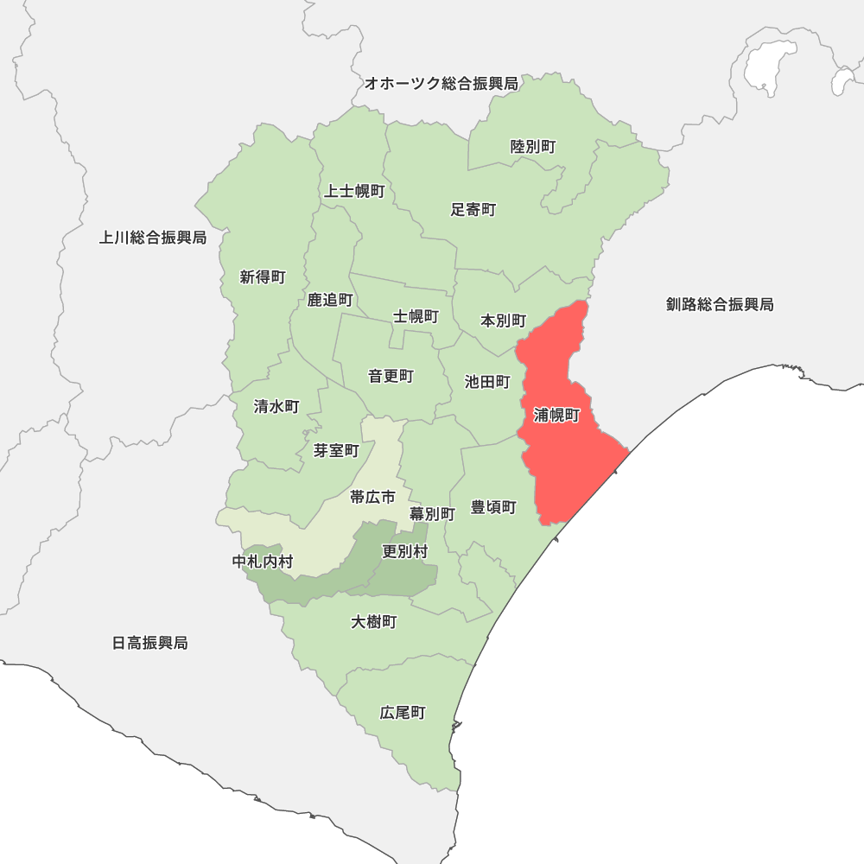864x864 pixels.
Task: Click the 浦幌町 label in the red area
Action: (x=556, y=416)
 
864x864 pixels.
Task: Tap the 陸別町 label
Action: (x=533, y=147)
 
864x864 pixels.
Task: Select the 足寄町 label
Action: (x=473, y=209)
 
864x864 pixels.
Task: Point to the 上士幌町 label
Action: (x=354, y=191)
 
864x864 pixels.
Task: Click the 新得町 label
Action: (x=263, y=277)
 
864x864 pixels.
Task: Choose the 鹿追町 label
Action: (x=330, y=300)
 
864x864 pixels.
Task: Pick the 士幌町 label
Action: (x=416, y=316)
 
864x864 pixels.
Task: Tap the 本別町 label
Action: (x=503, y=321)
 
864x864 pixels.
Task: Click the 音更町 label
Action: (x=391, y=376)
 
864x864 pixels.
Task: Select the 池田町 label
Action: (x=487, y=382)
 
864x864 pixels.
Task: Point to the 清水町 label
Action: (x=276, y=406)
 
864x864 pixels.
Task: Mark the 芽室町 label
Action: (x=336, y=450)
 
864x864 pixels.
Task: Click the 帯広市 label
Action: (x=372, y=497)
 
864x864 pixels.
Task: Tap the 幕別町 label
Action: (x=432, y=513)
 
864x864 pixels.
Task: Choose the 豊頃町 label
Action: (x=493, y=507)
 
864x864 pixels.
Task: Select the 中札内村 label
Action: (x=263, y=562)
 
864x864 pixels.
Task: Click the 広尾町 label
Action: (x=403, y=713)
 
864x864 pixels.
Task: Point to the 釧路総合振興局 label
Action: (x=720, y=304)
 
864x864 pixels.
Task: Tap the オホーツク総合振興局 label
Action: (x=441, y=84)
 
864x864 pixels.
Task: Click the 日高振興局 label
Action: (x=150, y=643)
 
